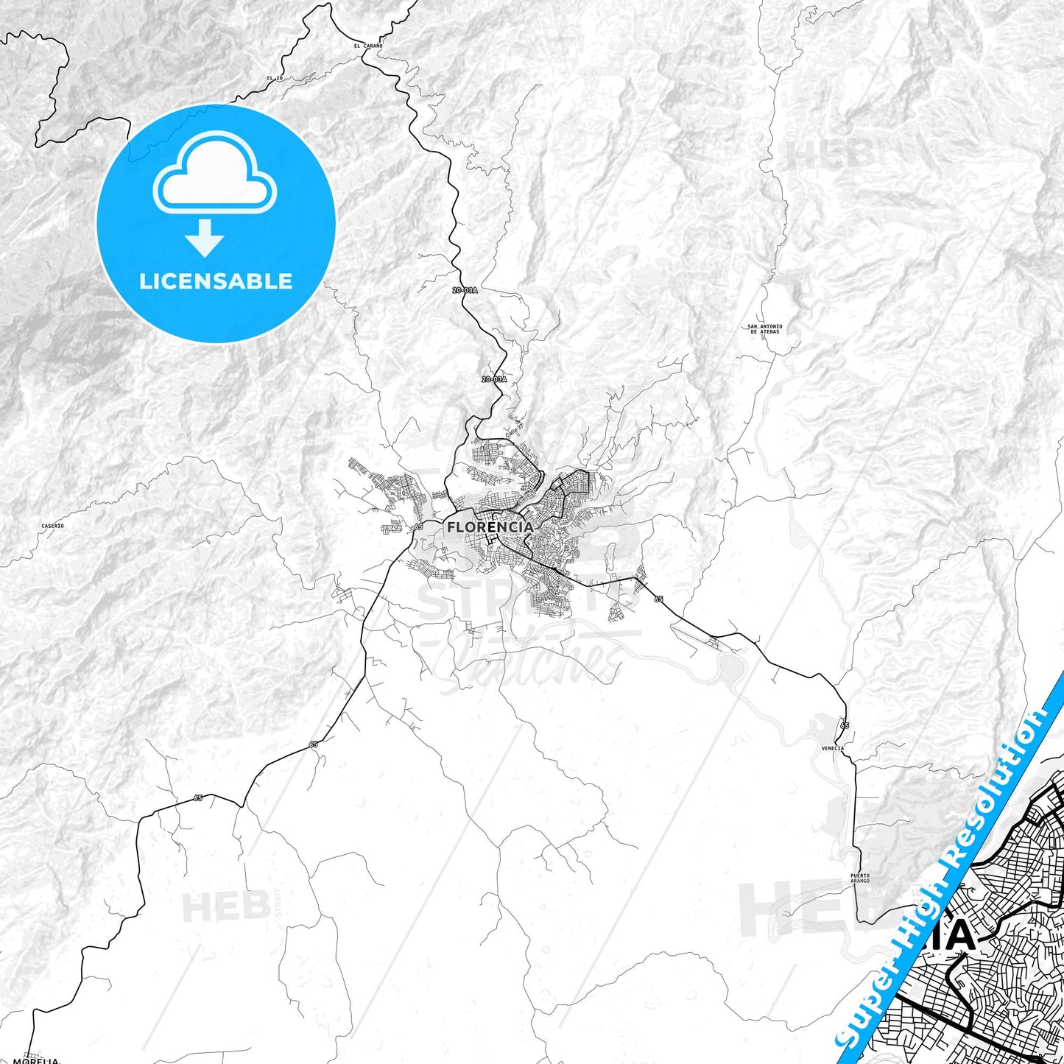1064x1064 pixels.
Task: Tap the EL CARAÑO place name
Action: click(x=367, y=46)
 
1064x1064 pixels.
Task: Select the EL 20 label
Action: click(x=275, y=78)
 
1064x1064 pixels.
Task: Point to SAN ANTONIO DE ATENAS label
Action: click(x=764, y=329)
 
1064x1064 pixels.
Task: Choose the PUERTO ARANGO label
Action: click(x=859, y=878)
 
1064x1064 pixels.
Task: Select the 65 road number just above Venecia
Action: click(x=844, y=726)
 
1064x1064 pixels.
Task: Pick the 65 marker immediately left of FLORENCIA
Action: click(x=418, y=527)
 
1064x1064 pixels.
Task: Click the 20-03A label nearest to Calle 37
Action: click(x=494, y=379)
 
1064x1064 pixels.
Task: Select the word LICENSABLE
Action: click(x=216, y=281)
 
